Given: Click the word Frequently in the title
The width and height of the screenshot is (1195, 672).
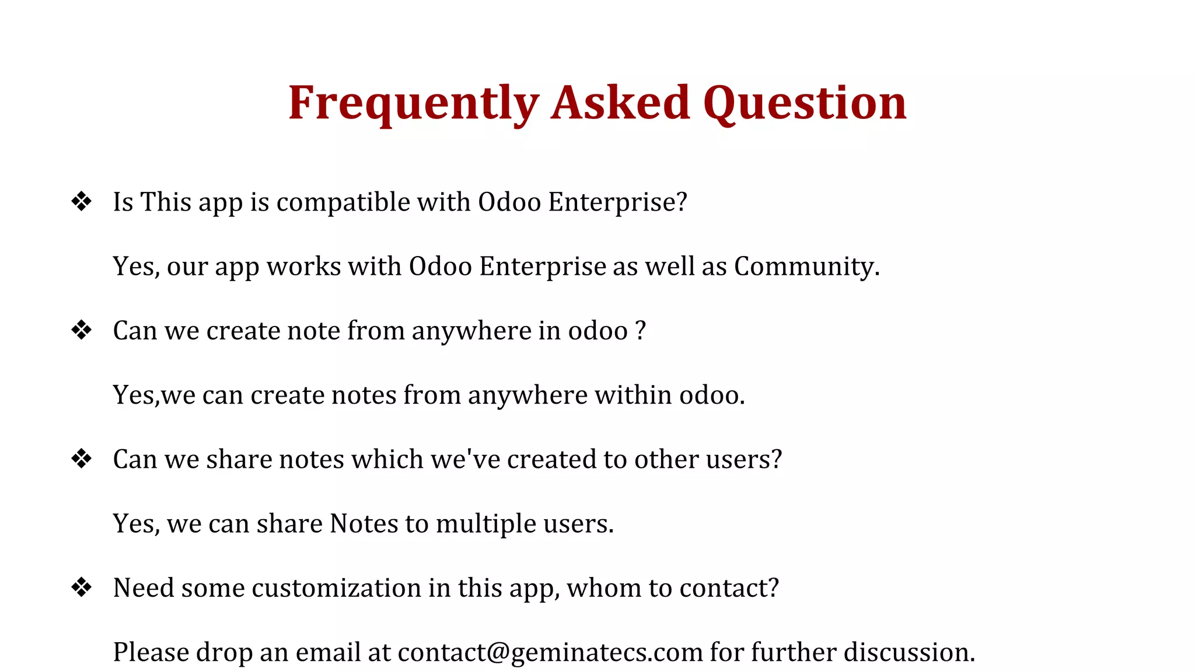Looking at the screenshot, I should coord(413,103).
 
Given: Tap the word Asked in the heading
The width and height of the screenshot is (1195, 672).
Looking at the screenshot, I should coord(620,103).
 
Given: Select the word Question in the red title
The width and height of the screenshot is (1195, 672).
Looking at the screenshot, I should coord(805,103).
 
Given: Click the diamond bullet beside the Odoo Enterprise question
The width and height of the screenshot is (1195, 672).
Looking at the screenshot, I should coord(81,202).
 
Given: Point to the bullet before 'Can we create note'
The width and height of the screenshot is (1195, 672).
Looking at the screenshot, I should coord(81,330).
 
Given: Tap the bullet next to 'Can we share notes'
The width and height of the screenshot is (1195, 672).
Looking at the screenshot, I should coord(81,459).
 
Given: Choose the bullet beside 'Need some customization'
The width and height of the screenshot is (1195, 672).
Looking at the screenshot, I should coord(81,587).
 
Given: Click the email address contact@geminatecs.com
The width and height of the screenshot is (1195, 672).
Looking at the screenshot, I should coord(550,652).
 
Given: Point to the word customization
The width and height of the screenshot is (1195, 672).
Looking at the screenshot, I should coord(336,588).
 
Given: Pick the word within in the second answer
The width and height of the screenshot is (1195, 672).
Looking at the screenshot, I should coord(633,395).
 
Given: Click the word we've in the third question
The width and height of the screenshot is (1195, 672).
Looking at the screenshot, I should coord(465,459).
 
